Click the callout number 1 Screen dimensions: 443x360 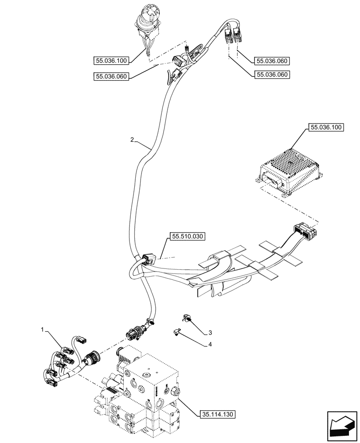point(43,330)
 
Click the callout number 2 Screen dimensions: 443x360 point(132,140)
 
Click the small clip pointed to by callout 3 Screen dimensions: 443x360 point(186,318)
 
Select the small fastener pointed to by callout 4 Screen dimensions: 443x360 point(177,331)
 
